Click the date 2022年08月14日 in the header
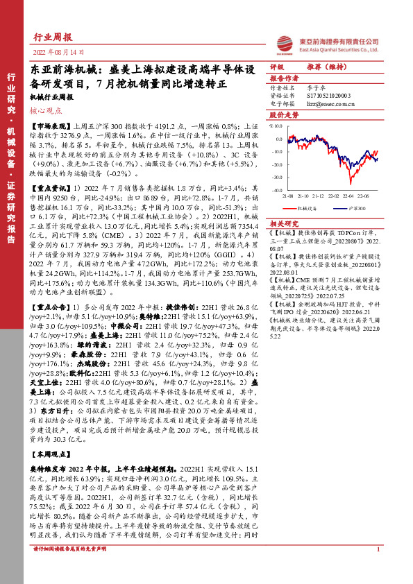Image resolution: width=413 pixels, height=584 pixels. click(60, 52)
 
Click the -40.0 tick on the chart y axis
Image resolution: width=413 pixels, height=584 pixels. click(276, 189)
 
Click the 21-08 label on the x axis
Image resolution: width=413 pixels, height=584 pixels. click(287, 196)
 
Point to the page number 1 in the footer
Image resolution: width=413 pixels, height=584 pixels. click(378, 568)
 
